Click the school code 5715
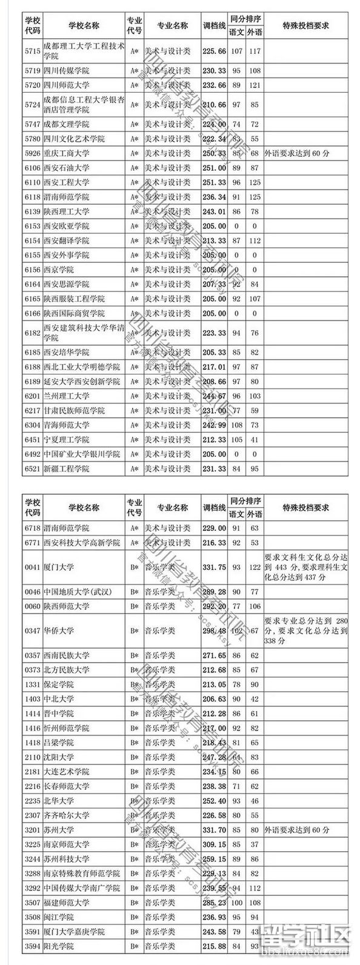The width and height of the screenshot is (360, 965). pyautogui.click(x=32, y=51)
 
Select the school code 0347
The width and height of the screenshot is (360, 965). pyautogui.click(x=32, y=631)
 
